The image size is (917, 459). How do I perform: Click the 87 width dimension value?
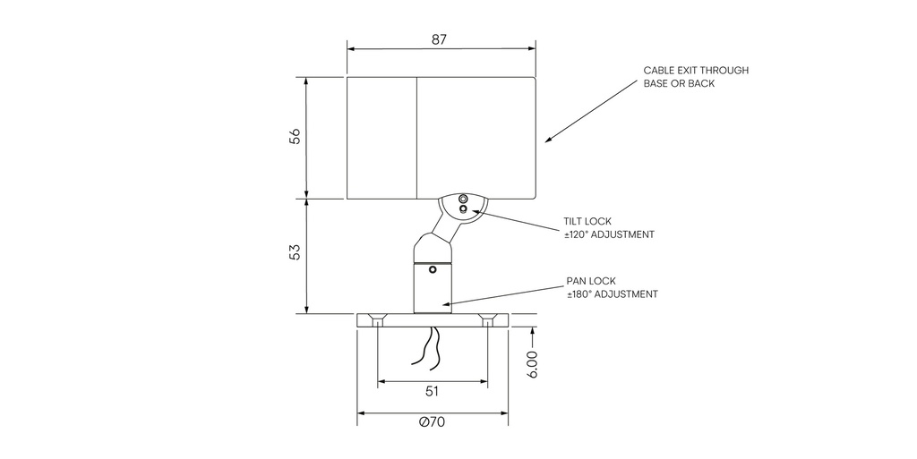(439, 39)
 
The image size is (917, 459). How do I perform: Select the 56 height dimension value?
(295, 137)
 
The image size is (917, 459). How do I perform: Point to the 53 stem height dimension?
(295, 253)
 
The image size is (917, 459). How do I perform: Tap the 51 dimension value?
(432, 391)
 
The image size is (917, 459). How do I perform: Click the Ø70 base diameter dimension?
(432, 423)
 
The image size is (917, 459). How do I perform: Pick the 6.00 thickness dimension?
(533, 364)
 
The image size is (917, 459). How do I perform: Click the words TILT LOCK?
(587, 221)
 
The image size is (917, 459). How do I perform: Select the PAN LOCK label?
(591, 280)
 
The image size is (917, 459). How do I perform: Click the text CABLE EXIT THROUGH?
(696, 70)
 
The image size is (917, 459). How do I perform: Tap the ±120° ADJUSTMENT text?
(609, 234)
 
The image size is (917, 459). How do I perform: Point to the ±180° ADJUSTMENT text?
(613, 293)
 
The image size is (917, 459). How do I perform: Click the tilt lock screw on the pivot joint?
(463, 209)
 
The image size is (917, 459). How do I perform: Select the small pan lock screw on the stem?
(433, 268)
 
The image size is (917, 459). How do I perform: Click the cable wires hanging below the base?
(426, 347)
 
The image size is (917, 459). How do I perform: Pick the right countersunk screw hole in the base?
(488, 319)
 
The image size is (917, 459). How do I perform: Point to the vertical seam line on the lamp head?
(417, 137)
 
